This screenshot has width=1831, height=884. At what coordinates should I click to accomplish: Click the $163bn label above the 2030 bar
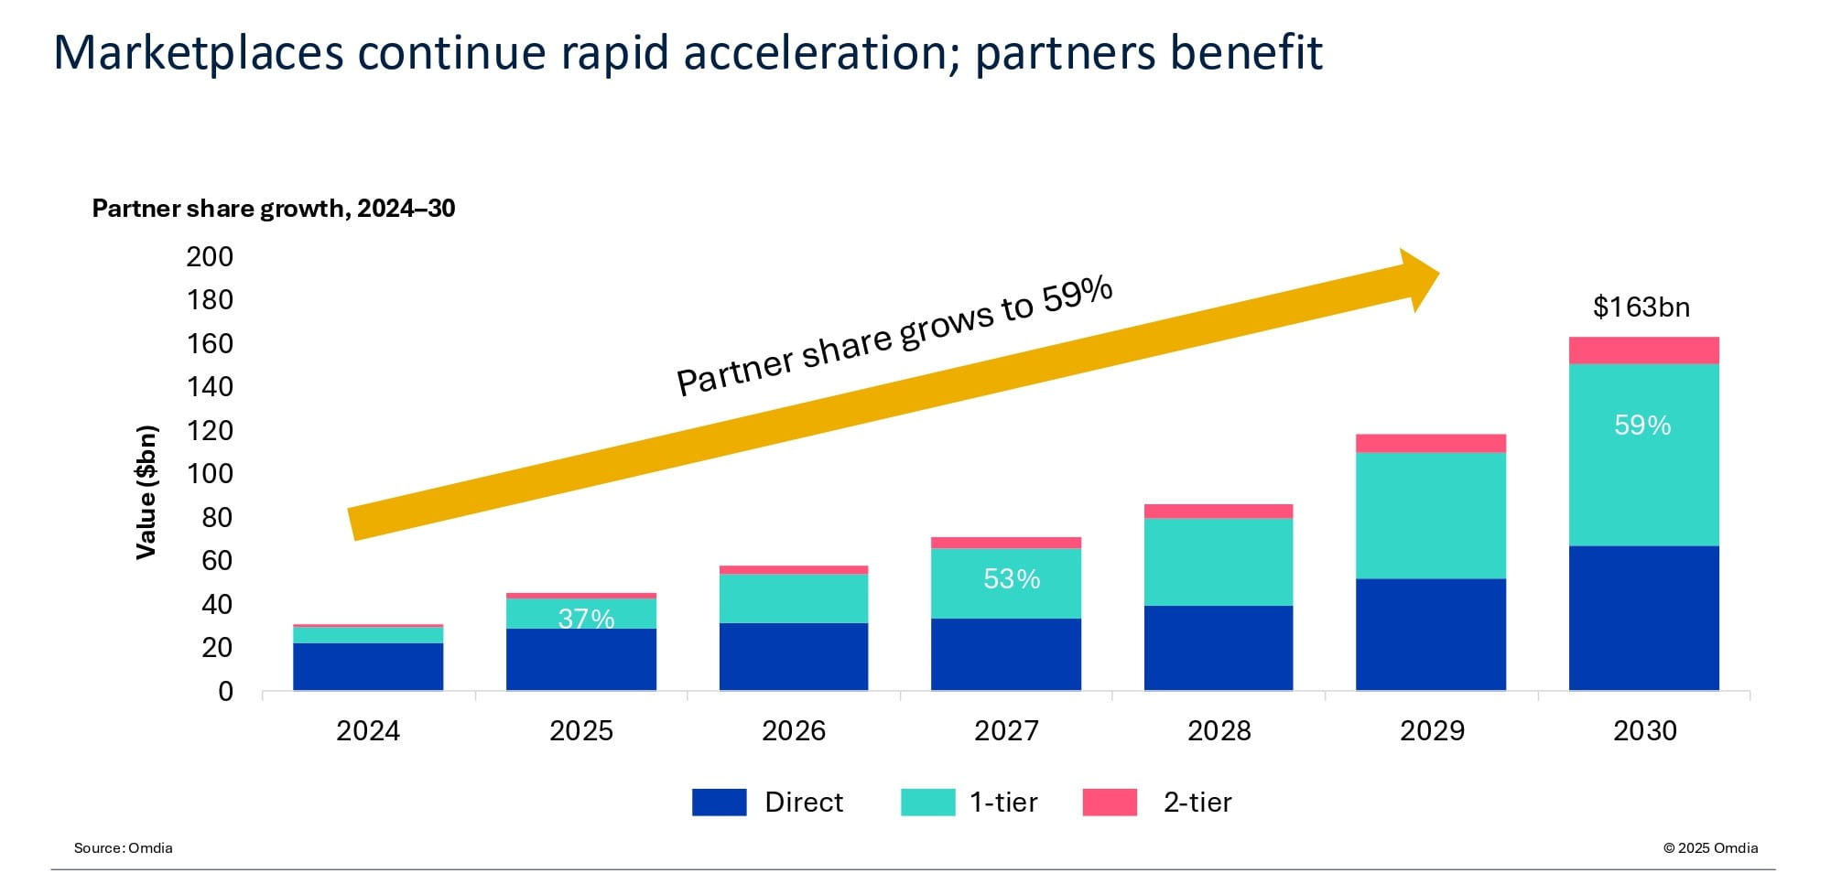[1641, 307]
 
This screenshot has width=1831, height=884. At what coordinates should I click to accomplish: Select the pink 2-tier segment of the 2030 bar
[1643, 350]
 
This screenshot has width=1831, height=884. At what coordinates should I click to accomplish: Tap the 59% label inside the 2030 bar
[1642, 426]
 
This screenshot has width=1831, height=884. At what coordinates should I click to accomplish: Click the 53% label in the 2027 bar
[1012, 579]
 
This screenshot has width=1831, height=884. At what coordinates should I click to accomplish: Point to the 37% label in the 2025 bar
[586, 619]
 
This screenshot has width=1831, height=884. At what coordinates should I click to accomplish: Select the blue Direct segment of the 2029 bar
[1430, 634]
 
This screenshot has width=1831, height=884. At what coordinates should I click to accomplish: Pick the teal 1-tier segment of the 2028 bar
[1219, 562]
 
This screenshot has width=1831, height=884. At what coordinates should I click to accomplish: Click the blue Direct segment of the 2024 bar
[368, 666]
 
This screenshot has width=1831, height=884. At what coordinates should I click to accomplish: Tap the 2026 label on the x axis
[794, 731]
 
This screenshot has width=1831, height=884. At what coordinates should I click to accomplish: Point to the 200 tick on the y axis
[210, 257]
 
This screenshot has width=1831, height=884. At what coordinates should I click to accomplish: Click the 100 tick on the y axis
[210, 474]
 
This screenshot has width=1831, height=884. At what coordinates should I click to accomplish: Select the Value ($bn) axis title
[146, 491]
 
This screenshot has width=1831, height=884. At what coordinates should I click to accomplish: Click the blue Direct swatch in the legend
[719, 803]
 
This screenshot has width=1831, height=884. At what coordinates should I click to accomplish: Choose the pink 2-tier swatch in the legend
[1110, 803]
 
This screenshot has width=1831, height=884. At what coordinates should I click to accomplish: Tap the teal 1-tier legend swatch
[927, 803]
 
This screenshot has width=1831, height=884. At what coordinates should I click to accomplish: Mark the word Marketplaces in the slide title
[199, 52]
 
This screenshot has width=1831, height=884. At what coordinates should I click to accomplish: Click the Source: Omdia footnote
[124, 848]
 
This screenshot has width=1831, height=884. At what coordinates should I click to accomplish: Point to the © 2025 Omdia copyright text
[1710, 848]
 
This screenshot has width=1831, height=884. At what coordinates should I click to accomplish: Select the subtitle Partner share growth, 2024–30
[274, 209]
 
